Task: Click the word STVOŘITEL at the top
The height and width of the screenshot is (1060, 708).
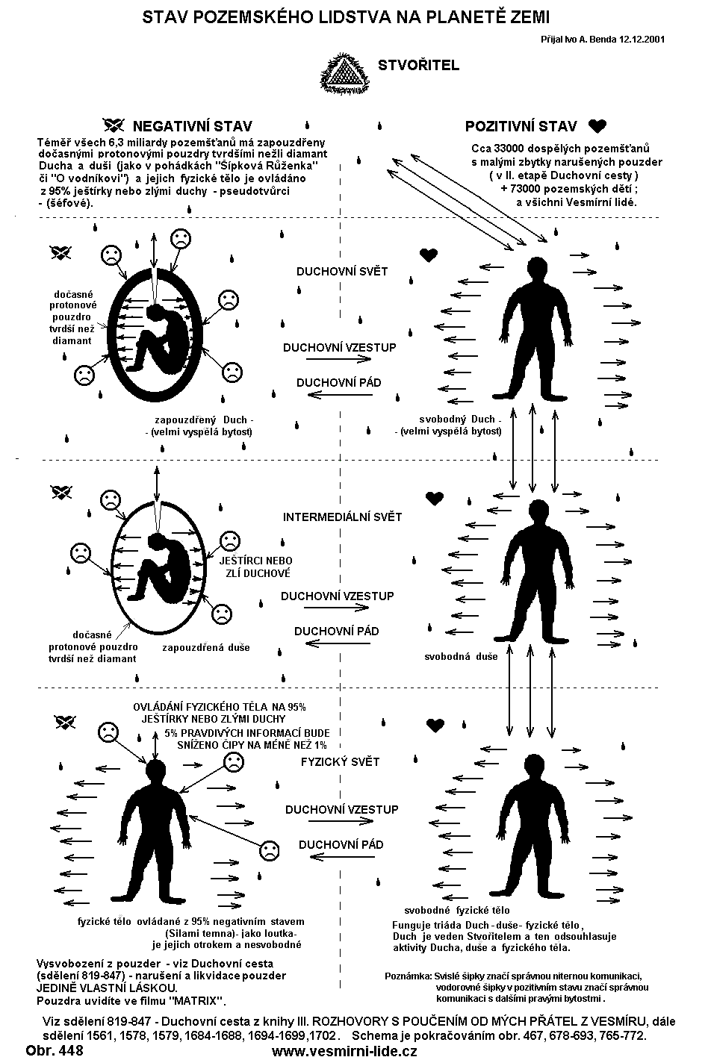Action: (419, 66)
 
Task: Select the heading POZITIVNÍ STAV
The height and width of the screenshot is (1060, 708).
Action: (521, 125)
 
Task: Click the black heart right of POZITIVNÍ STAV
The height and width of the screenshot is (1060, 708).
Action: (597, 125)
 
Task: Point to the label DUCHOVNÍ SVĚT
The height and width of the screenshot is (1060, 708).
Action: (342, 271)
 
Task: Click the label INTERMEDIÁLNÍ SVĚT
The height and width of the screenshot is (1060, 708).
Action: (342, 517)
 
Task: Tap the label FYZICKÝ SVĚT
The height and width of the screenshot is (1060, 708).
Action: (340, 762)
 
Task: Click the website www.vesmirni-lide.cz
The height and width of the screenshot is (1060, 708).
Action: (344, 1050)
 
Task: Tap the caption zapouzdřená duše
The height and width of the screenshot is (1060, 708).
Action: (206, 648)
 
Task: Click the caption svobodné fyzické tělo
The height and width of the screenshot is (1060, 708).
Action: (457, 910)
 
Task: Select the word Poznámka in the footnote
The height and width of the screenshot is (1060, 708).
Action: (408, 975)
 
